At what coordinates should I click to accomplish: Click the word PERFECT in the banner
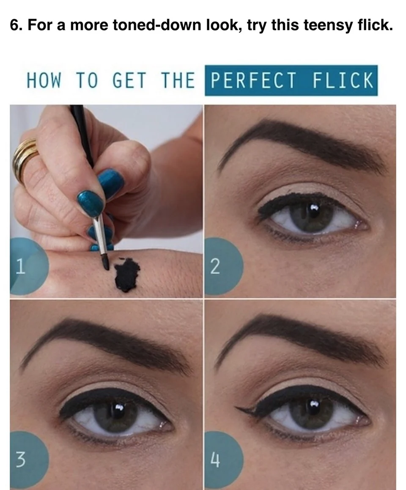point(253,80)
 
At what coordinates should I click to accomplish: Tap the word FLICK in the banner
point(343,80)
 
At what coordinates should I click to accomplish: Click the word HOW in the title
point(44,80)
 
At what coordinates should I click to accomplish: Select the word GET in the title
point(129,80)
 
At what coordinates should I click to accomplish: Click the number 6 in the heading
point(14,25)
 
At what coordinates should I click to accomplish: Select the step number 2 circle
point(223,266)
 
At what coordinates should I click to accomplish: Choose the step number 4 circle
point(223,460)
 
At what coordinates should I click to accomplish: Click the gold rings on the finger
point(25,160)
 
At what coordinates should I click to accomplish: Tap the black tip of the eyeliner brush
point(105,262)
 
